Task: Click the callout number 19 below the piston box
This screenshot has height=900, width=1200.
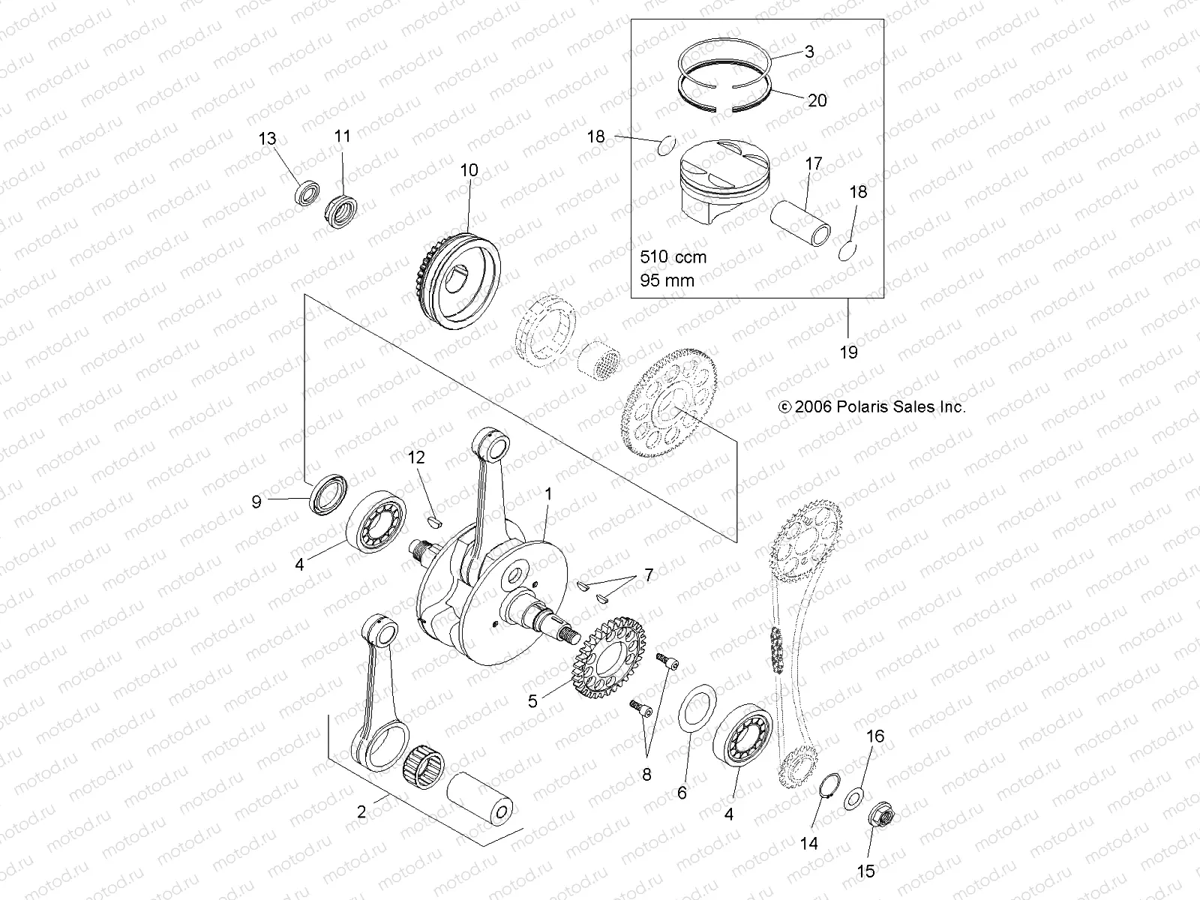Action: tap(848, 352)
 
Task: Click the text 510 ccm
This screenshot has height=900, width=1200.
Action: tap(673, 256)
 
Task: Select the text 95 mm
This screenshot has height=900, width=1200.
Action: tap(667, 280)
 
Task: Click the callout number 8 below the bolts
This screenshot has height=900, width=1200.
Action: tap(646, 773)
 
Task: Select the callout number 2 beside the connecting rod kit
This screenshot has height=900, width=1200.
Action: tap(361, 811)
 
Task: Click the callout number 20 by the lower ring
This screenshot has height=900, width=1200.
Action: tap(817, 100)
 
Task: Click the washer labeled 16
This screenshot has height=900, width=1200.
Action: tap(853, 798)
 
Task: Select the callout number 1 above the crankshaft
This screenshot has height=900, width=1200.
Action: tap(548, 494)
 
